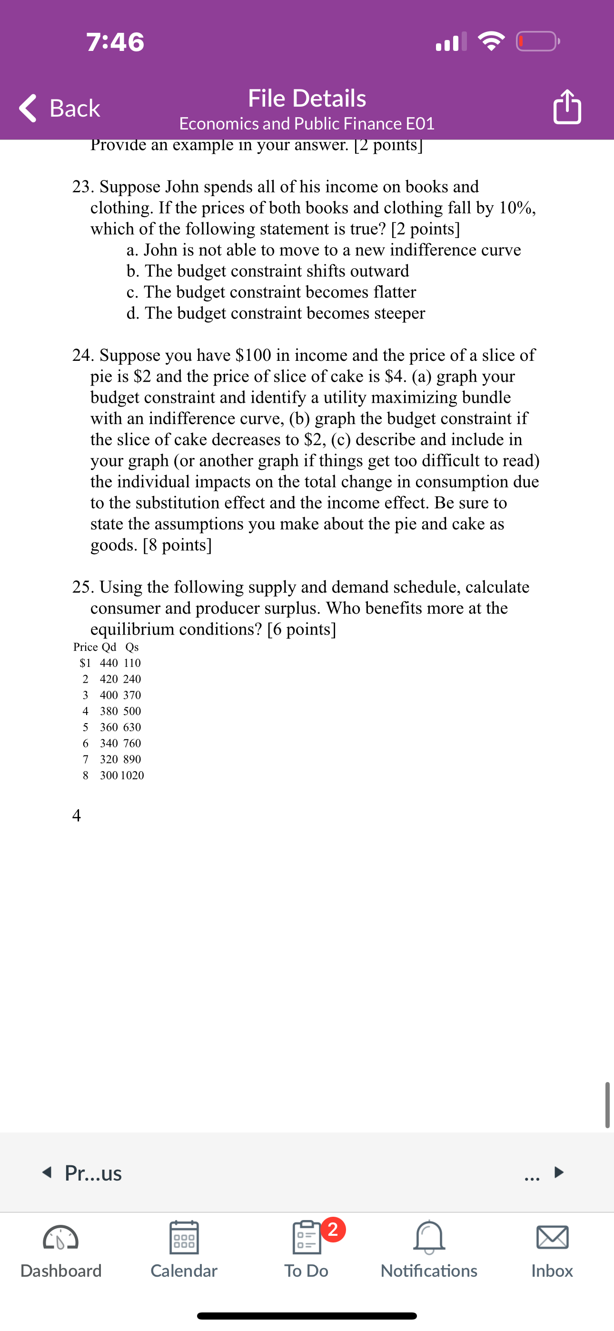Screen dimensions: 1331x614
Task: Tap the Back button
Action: pyautogui.click(x=59, y=108)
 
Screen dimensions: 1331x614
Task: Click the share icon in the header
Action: pyautogui.click(x=567, y=107)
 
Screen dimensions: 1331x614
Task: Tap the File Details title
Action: pyautogui.click(x=307, y=98)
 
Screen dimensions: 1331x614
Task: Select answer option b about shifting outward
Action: pyautogui.click(x=267, y=271)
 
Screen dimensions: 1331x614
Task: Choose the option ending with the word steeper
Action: pyautogui.click(x=276, y=313)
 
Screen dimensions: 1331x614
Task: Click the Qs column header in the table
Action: pyautogui.click(x=132, y=647)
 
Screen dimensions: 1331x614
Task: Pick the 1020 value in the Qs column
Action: pyautogui.click(x=132, y=775)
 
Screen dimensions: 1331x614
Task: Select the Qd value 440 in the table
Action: pyautogui.click(x=109, y=663)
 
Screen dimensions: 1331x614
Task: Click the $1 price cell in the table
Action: pyautogui.click(x=85, y=663)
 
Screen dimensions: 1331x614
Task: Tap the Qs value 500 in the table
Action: pyautogui.click(x=132, y=711)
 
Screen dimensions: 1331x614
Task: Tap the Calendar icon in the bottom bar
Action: pyautogui.click(x=184, y=1238)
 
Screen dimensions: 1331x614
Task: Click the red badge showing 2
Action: pyautogui.click(x=333, y=1229)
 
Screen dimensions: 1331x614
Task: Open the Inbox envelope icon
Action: pyautogui.click(x=552, y=1238)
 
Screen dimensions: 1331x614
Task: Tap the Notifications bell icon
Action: pyautogui.click(x=429, y=1238)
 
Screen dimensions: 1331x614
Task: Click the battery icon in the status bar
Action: pyautogui.click(x=537, y=41)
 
